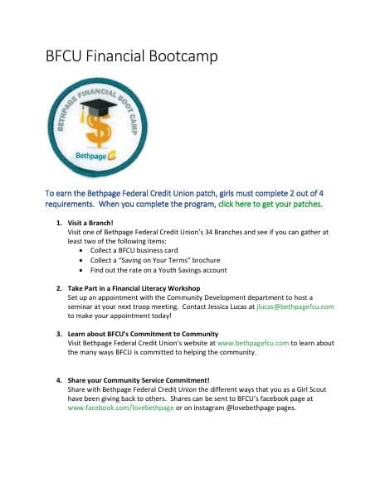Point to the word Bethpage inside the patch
pos(91,156)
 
